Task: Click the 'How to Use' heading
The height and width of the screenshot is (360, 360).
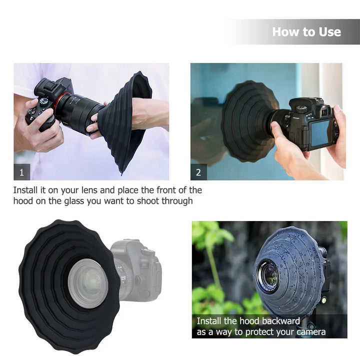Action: (306, 32)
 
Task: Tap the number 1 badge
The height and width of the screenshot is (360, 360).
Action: (21, 172)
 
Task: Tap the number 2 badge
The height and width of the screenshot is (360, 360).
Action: (198, 172)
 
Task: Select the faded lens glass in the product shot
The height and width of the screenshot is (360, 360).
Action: (88, 283)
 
